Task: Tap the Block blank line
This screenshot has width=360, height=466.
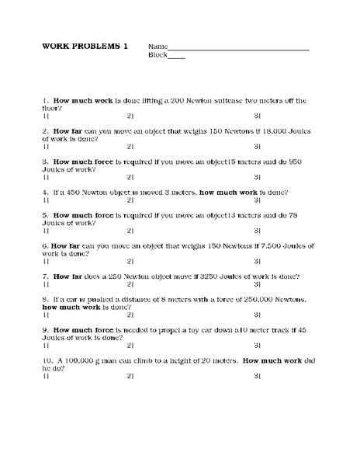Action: [177, 57]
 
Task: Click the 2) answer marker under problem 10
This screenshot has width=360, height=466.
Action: [130, 374]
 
